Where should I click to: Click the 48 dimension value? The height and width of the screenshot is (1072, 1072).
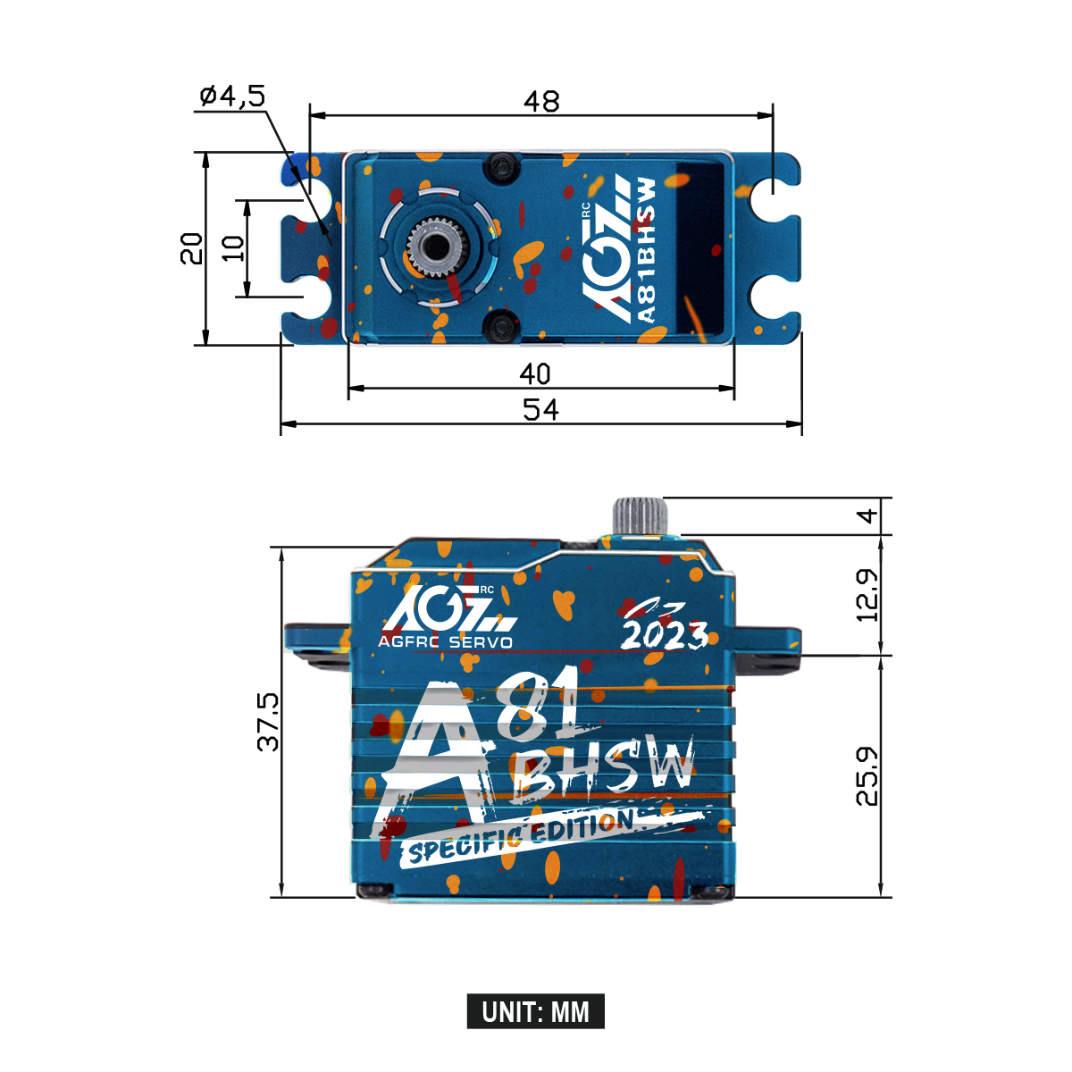point(541,102)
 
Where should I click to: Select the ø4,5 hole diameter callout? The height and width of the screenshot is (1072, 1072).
point(232,96)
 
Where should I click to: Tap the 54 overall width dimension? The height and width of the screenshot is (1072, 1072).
point(540,410)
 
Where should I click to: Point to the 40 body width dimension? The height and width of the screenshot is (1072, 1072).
point(535,373)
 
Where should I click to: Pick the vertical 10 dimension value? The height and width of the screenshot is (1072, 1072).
point(232,247)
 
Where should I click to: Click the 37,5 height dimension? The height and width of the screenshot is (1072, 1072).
point(268,722)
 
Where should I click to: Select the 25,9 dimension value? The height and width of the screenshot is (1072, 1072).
point(867,776)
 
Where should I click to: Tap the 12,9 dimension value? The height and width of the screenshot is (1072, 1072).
point(867,595)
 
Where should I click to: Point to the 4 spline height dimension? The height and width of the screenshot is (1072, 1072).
point(867,515)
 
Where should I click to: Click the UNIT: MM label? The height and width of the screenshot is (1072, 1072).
point(535,1012)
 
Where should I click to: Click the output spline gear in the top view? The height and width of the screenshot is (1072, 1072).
point(435,244)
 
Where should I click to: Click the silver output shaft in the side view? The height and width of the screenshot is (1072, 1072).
point(640,515)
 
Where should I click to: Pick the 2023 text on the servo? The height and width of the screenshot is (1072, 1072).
point(665,634)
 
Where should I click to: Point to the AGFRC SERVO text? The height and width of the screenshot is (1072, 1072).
point(445,642)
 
